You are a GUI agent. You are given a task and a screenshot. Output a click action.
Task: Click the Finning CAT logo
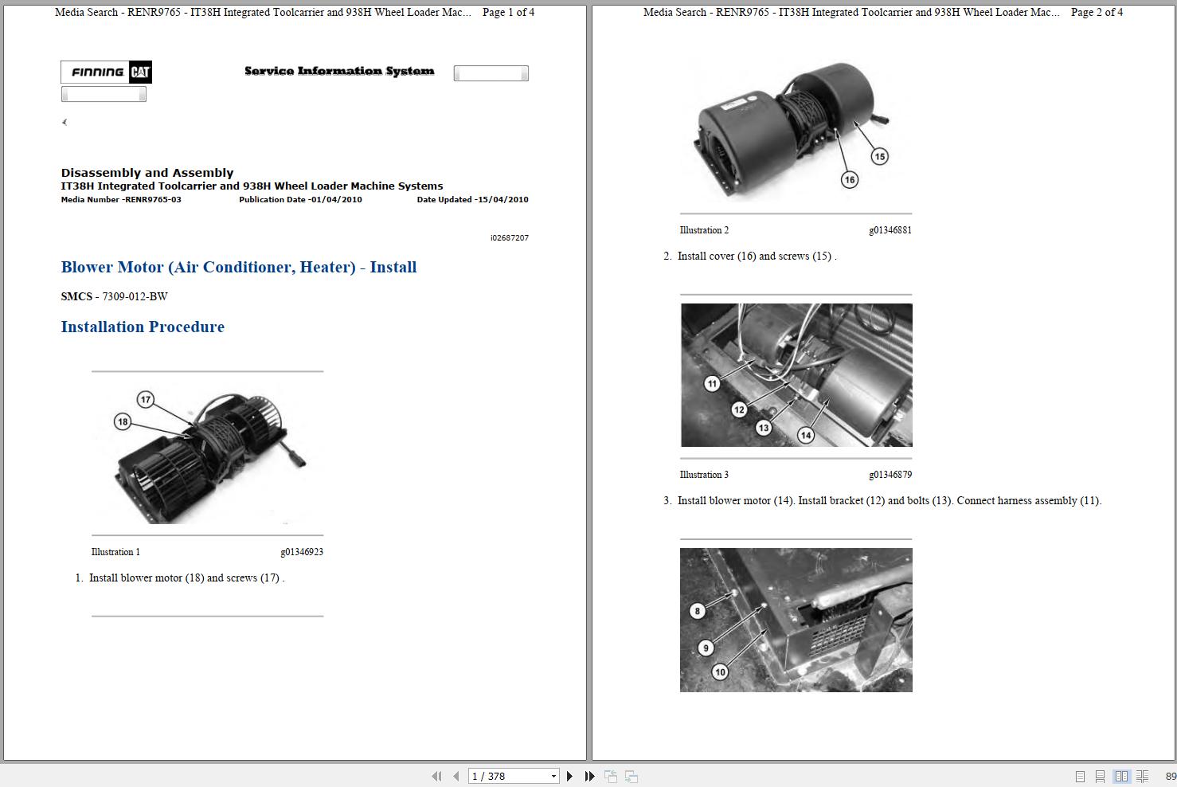(106, 72)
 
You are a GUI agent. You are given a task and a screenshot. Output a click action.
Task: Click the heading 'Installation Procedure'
(143, 327)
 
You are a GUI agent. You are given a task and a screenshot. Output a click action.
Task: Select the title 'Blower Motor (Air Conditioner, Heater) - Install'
(239, 267)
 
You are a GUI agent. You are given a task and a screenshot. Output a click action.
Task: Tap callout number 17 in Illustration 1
(145, 399)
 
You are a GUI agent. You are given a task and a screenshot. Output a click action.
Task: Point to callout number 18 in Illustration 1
(122, 421)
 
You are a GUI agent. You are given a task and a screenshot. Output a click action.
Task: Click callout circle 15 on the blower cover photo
(879, 156)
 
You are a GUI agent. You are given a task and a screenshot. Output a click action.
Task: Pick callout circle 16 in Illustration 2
(850, 179)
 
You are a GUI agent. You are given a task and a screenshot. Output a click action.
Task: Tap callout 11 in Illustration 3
(712, 383)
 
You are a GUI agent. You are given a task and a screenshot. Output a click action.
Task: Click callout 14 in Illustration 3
(806, 435)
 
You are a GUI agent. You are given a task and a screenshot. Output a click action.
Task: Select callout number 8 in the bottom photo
(698, 611)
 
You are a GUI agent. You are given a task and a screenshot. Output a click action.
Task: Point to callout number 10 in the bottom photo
(720, 671)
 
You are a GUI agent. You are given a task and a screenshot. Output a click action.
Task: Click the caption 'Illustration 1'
(115, 552)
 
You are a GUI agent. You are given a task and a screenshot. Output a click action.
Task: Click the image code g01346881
(890, 230)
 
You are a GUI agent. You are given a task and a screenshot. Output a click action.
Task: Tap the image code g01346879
(890, 475)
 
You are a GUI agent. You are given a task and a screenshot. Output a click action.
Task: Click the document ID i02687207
(509, 237)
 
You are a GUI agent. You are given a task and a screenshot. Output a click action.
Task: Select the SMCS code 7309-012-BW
(135, 296)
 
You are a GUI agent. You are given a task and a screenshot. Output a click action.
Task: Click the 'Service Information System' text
(339, 71)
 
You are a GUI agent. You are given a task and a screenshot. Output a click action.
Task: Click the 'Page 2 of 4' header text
(1097, 12)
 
